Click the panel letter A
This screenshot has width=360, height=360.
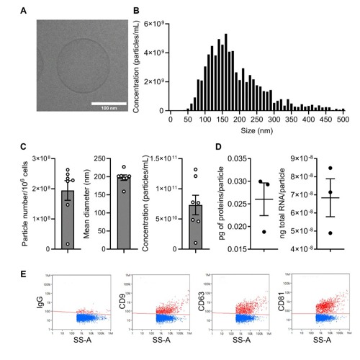tap(24, 10)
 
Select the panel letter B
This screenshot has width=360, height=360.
tap(138, 10)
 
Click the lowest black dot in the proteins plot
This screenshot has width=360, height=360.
tap(264, 232)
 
